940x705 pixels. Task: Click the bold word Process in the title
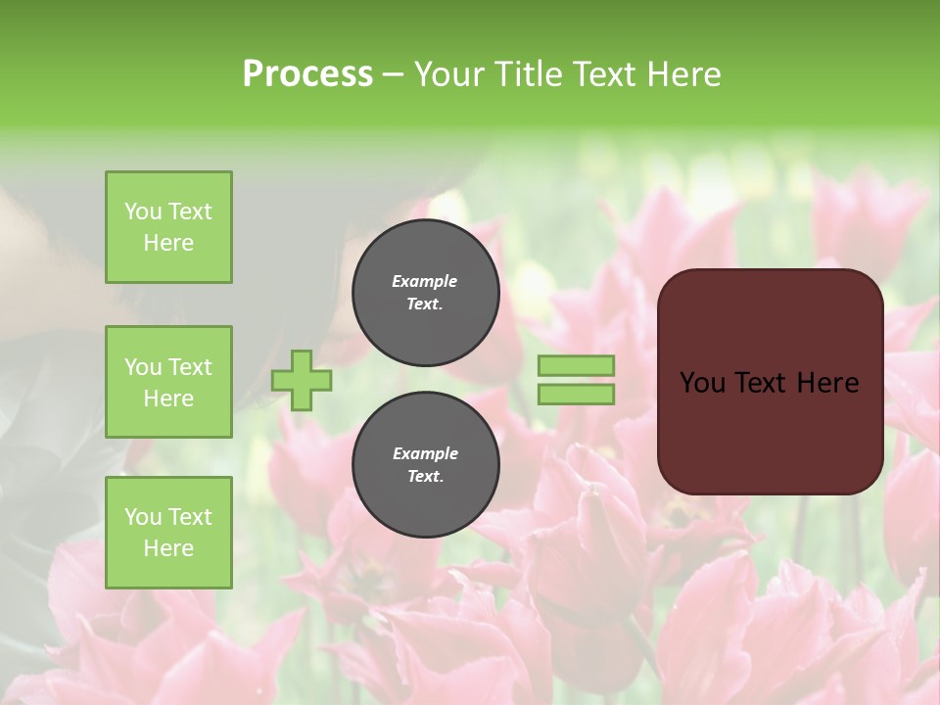[x=307, y=74]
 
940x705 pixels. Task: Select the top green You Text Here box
[x=168, y=227]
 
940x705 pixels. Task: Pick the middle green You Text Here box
[x=168, y=382]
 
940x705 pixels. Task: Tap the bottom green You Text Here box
[x=168, y=532]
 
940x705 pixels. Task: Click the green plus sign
[x=302, y=380]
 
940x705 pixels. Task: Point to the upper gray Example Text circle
[x=425, y=293]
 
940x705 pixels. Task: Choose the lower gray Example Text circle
[x=425, y=465]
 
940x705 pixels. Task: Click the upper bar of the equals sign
[x=576, y=365]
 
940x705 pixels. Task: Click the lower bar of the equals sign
[x=576, y=394]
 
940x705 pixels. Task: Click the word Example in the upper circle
[x=425, y=281]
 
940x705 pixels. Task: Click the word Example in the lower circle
[x=425, y=453]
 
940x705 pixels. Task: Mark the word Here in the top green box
[x=168, y=243]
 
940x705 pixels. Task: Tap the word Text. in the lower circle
[x=425, y=477]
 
